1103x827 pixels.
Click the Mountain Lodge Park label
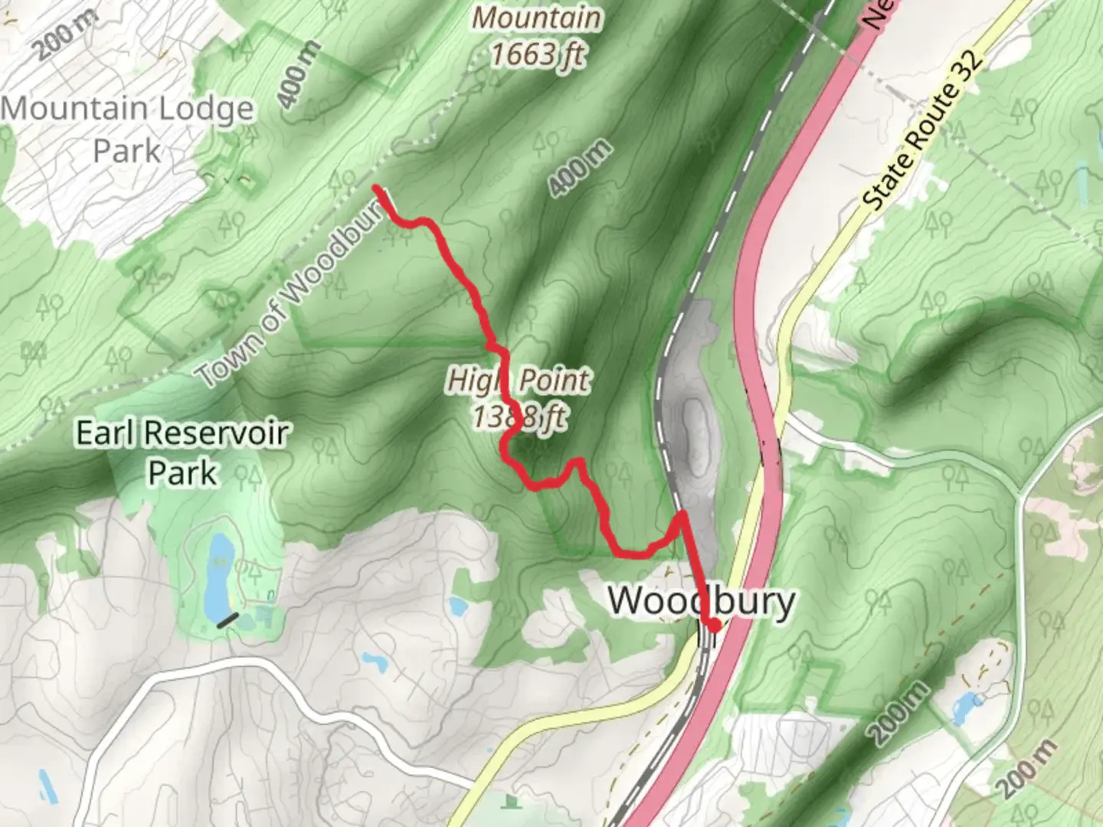tap(127, 129)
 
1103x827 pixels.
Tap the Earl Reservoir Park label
tap(182, 453)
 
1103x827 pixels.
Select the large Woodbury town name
tap(701, 601)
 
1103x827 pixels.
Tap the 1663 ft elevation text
tap(538, 54)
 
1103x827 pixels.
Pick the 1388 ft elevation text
tap(520, 417)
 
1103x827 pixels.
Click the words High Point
tap(519, 380)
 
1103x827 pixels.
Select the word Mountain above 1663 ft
tap(536, 18)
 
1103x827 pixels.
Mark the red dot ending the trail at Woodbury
tap(714, 626)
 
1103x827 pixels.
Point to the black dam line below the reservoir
tap(227, 620)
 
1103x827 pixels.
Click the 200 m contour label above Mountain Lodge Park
tap(65, 34)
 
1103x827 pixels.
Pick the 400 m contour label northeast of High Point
tap(581, 168)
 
